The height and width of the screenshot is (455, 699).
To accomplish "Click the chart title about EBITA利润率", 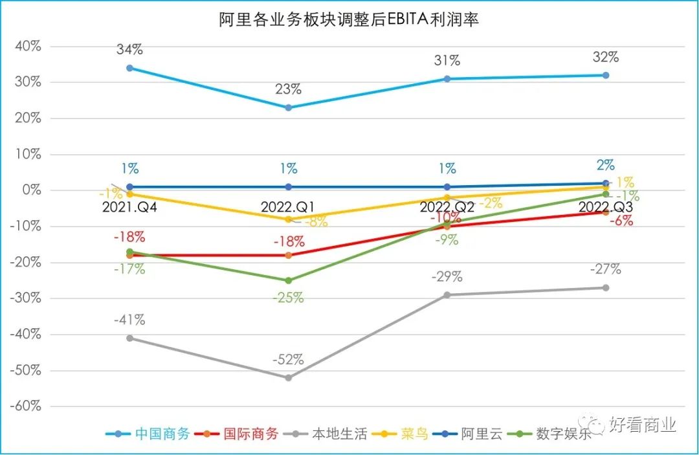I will pyautogui.click(x=349, y=19).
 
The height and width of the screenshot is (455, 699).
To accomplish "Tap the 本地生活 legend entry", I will pyautogui.click(x=338, y=434).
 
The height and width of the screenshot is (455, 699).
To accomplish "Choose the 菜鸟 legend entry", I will pyautogui.click(x=415, y=434).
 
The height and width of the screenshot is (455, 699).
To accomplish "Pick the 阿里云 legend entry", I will pyautogui.click(x=482, y=434).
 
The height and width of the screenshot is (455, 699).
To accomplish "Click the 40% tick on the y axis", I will pyautogui.click(x=28, y=47).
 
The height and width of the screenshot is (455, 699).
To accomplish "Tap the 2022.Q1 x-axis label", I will pyautogui.click(x=289, y=207).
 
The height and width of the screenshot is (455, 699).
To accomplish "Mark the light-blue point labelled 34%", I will pyautogui.click(x=129, y=68).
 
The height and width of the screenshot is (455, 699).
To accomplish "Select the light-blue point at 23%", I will pyautogui.click(x=289, y=107).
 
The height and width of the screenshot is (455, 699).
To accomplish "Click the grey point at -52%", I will pyautogui.click(x=289, y=378).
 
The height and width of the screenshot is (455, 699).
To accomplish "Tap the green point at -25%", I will pyautogui.click(x=289, y=281).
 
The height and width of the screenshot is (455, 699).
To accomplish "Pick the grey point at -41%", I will pyautogui.click(x=129, y=338).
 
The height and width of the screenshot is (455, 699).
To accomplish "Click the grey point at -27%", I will pyautogui.click(x=606, y=288).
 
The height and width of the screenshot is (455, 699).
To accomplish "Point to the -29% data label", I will pyautogui.click(x=447, y=277).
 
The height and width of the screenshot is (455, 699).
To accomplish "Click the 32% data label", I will pyautogui.click(x=606, y=57).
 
